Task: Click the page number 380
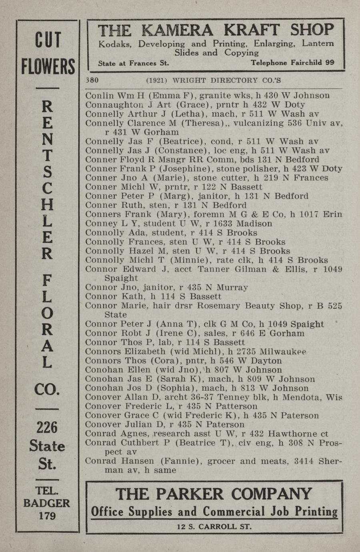[92, 80]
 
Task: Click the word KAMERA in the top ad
[178, 31]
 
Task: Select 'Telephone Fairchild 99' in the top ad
[292, 63]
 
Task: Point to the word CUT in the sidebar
[48, 40]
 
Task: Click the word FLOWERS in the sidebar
[48, 66]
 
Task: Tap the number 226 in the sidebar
[47, 428]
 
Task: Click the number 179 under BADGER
[47, 516]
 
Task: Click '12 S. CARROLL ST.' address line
[214, 527]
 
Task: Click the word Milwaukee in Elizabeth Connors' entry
[283, 352]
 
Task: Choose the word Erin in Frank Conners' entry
[333, 214]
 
